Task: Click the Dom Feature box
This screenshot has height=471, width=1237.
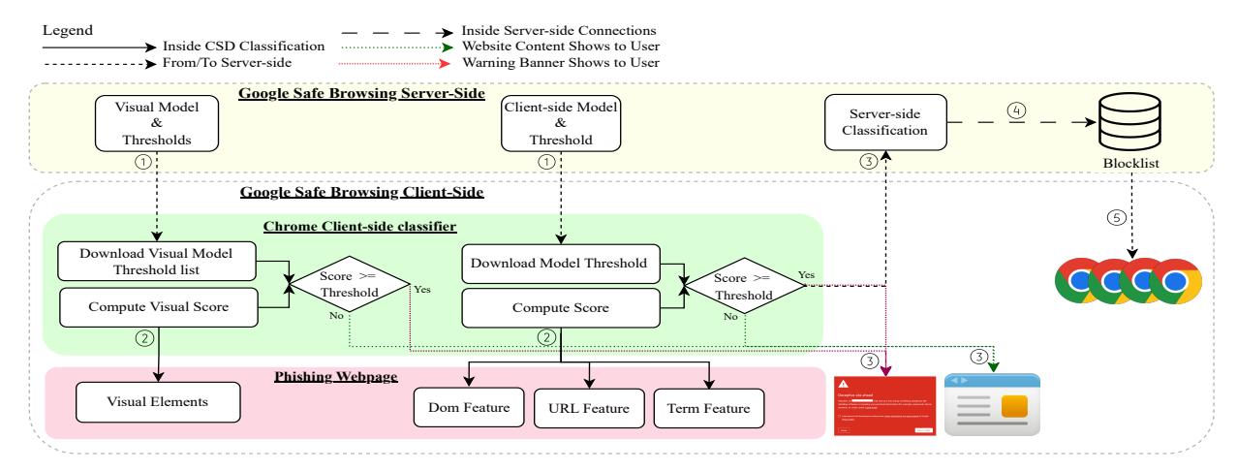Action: [468, 404]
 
